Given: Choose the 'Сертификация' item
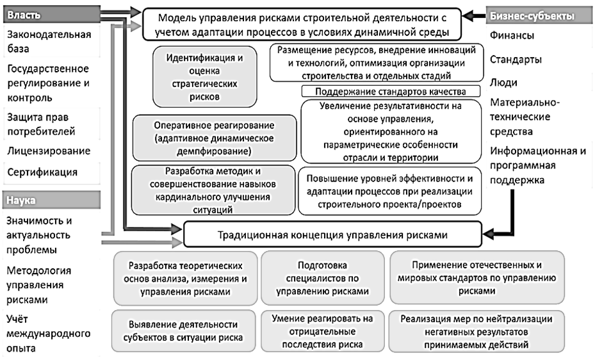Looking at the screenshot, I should tap(43, 172).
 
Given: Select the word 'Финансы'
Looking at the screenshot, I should tap(512, 37).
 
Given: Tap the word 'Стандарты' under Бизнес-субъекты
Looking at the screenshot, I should tap(516, 60).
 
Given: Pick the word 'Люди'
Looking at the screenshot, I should tap(503, 83).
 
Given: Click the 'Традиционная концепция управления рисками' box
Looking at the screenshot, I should tap(332, 235).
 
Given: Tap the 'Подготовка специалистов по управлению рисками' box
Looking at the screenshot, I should tap(322, 277).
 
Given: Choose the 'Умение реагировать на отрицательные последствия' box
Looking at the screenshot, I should tap(322, 331).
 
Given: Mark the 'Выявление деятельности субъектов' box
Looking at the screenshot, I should tap(183, 331).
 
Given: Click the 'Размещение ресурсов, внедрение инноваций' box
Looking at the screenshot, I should tap(376, 63).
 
